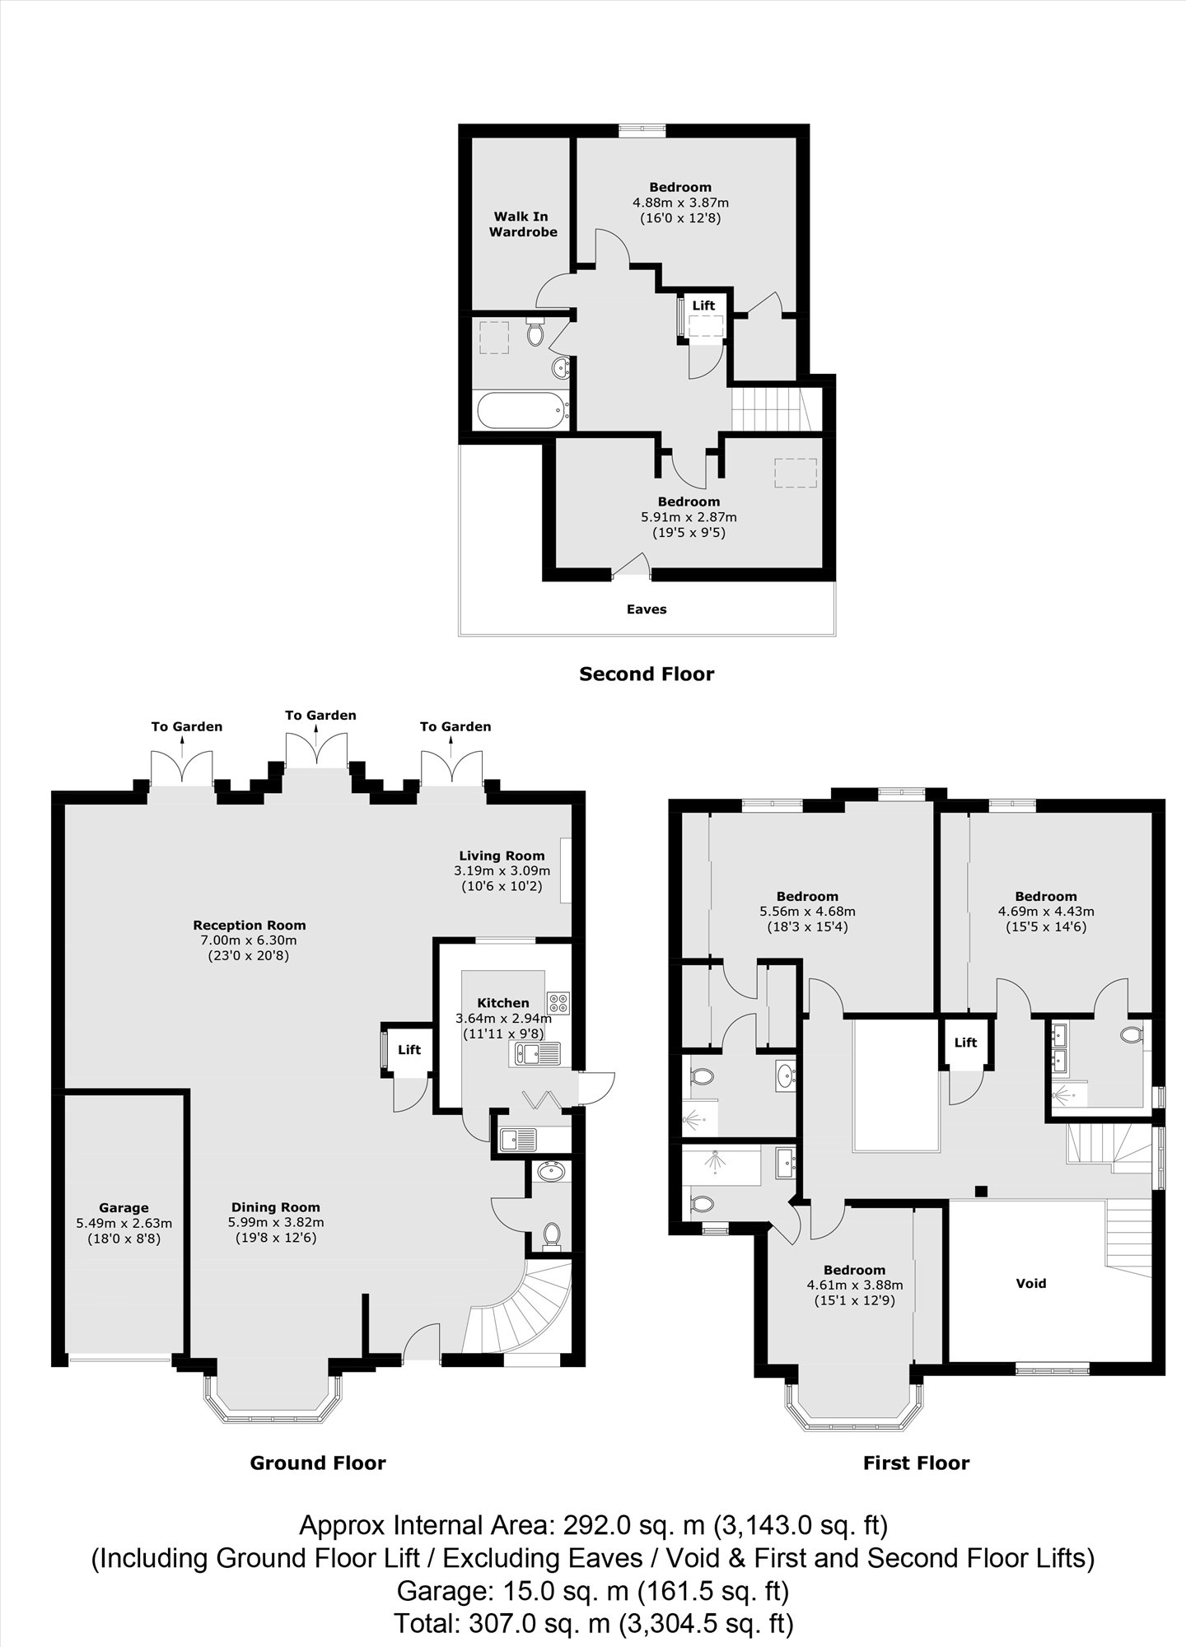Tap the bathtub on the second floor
(x=523, y=409)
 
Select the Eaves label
(x=647, y=609)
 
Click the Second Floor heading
(x=647, y=674)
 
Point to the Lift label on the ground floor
(x=409, y=1049)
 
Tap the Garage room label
(x=124, y=1208)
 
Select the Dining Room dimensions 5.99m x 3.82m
(x=276, y=1222)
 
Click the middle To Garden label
(x=320, y=715)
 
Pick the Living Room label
(x=502, y=856)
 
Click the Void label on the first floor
(x=1031, y=1283)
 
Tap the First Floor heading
(x=916, y=1463)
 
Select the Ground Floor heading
(x=318, y=1463)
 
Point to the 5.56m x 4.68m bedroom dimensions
(x=807, y=912)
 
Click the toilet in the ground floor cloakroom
(x=551, y=1234)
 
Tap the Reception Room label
(x=250, y=925)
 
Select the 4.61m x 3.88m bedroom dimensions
(x=855, y=1285)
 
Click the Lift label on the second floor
(x=703, y=306)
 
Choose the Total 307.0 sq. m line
(x=593, y=1623)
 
